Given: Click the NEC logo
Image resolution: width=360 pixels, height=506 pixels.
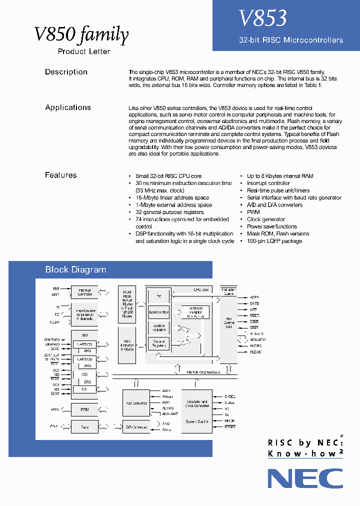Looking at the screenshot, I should (x=305, y=478).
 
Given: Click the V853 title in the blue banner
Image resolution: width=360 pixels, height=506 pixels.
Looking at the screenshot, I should (x=262, y=18).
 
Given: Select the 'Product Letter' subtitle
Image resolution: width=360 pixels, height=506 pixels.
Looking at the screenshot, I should (x=84, y=51).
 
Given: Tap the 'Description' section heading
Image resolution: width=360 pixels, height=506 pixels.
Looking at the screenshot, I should (x=66, y=72).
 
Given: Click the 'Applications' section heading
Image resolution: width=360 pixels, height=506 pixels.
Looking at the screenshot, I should (x=68, y=107).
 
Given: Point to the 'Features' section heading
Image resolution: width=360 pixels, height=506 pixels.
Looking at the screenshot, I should (x=60, y=175).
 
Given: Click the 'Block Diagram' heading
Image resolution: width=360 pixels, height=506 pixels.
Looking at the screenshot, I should (x=75, y=270).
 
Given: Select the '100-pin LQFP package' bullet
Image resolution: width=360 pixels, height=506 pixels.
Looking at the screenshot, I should (x=274, y=241).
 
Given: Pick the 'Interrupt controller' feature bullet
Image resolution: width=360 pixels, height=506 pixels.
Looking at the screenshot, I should (x=268, y=183).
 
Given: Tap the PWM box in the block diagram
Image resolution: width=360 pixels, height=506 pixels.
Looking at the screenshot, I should (x=84, y=409).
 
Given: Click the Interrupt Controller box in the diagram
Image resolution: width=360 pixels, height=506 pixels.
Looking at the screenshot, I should (x=84, y=292).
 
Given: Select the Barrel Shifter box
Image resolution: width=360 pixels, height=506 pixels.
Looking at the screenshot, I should (x=159, y=312).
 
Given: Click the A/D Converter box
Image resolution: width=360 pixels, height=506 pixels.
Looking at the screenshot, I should (x=136, y=402).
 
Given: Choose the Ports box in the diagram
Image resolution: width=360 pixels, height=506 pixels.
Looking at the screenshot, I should (x=84, y=427).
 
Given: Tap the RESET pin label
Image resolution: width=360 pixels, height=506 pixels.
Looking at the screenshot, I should (x=230, y=426).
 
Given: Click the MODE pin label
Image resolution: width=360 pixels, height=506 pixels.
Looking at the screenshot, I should (x=229, y=420).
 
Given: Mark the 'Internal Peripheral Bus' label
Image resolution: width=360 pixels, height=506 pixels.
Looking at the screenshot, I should (x=203, y=372).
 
